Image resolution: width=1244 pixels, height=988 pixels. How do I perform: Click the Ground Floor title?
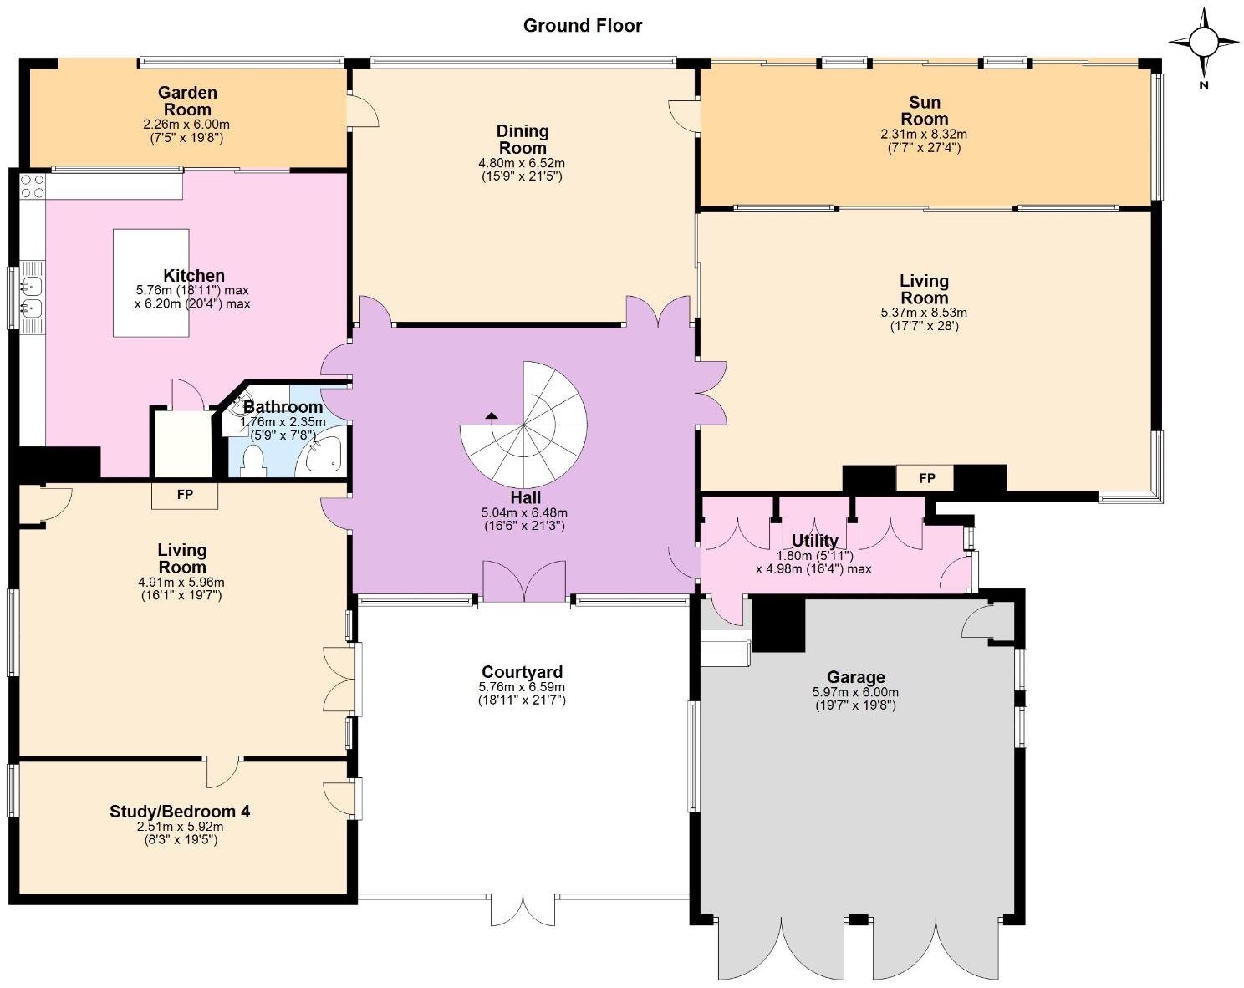point(582,26)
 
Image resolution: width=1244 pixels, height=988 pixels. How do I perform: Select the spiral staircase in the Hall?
point(523,425)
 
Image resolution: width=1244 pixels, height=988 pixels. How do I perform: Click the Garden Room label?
point(187,101)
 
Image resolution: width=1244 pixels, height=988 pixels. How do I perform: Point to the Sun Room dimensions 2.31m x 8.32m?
point(924,134)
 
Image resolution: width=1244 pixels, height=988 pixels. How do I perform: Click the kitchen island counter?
point(150,283)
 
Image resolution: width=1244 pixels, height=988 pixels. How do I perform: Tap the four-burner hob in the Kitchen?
point(33,186)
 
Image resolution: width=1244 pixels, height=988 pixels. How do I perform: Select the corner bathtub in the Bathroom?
point(322,451)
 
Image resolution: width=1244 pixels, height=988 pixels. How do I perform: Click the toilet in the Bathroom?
point(252,462)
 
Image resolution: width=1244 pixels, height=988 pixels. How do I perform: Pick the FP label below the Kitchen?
point(185,495)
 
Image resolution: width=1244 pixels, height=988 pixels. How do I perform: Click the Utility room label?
point(814,541)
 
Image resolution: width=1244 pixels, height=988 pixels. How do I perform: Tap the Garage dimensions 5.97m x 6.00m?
point(855,693)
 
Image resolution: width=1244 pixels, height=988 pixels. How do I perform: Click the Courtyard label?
point(522,672)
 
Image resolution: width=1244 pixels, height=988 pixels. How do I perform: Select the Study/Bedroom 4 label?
point(180,812)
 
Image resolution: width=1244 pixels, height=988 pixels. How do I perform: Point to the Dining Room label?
point(523,140)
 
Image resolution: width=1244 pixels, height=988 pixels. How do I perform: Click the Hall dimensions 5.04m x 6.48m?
point(524,512)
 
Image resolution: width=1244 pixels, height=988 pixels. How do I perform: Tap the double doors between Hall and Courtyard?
point(524,583)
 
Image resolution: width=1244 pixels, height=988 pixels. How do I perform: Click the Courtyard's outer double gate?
point(523,911)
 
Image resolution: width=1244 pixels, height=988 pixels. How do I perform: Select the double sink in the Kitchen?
point(32,298)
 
